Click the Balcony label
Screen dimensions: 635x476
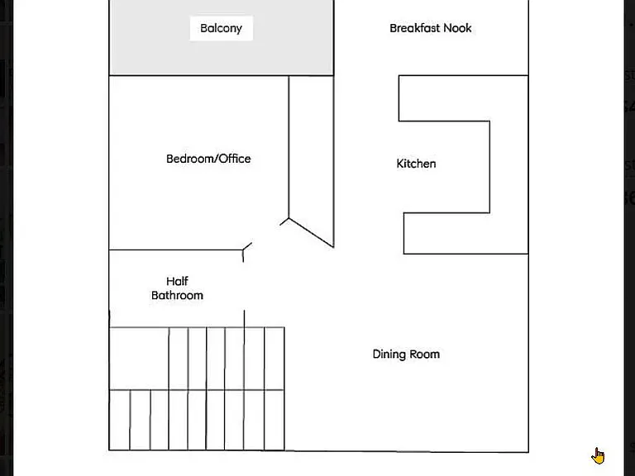pos(221,28)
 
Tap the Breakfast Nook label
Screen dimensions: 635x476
pos(431,28)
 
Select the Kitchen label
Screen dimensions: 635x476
pos(417,164)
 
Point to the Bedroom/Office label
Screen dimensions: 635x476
pos(208,159)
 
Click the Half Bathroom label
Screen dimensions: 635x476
pos(178,288)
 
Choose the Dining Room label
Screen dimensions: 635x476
pos(406,355)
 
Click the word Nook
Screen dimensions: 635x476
pos(457,28)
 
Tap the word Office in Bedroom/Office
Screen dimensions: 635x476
pos(235,159)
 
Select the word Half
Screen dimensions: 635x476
pos(178,281)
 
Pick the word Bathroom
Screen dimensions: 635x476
pos(178,296)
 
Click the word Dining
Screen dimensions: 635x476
pos(389,355)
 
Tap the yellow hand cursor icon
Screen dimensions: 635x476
pos(598,456)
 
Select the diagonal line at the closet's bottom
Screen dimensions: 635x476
pos(311,233)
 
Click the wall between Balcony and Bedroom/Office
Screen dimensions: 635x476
pos(221,75)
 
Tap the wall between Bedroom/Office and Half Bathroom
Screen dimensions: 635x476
pos(176,250)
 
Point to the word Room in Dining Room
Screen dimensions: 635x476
pos(425,355)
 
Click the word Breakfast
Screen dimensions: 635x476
pos(415,28)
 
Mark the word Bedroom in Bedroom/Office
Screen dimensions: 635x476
pos(191,159)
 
